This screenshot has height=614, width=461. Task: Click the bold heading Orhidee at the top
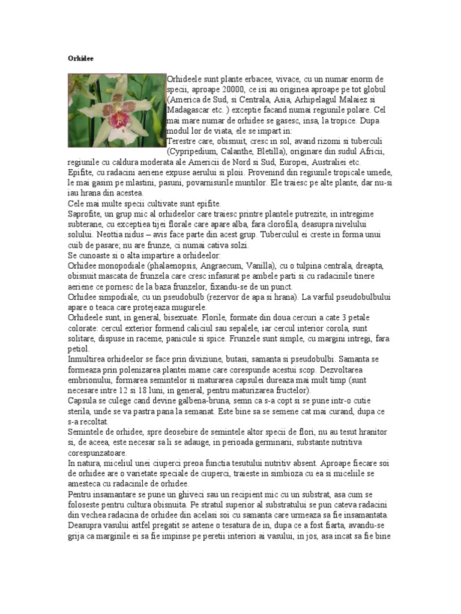(x=77, y=59)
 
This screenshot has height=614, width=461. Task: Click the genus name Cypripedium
(x=194, y=152)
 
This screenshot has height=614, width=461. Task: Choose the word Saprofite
(x=85, y=214)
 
